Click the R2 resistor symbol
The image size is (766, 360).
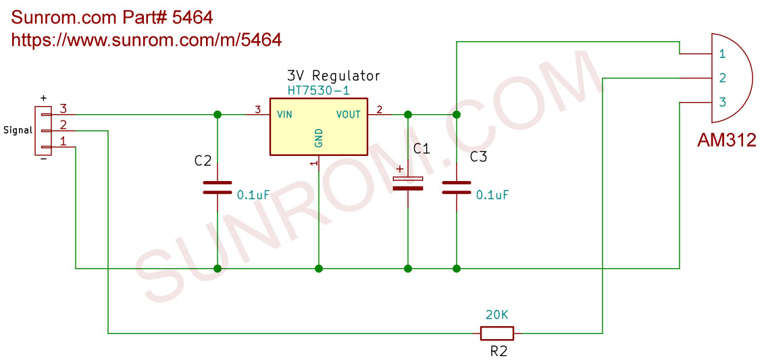[x=496, y=333]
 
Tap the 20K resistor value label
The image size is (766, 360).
[x=496, y=315]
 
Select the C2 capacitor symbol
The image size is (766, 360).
[x=218, y=187]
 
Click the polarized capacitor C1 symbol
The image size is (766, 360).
[x=408, y=183]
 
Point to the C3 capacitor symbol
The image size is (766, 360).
[x=457, y=187]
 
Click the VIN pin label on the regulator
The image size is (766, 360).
[x=284, y=115]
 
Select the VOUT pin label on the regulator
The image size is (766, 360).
[x=348, y=115]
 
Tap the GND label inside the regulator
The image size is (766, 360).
[x=319, y=138]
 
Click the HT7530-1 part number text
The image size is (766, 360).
[x=318, y=90]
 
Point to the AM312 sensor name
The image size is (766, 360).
[x=726, y=141]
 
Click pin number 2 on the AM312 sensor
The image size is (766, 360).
[x=722, y=78]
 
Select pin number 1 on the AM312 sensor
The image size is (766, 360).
[x=722, y=53]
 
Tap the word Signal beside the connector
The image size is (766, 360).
[x=18, y=130]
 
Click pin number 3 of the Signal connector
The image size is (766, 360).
[x=63, y=109]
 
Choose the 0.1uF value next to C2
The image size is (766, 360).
[x=253, y=195]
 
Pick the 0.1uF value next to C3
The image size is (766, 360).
[x=492, y=195]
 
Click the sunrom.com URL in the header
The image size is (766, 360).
[x=147, y=40]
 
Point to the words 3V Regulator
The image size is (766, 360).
[x=333, y=76]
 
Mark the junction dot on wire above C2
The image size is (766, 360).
[x=218, y=115]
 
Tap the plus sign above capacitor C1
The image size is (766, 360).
[x=400, y=169]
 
